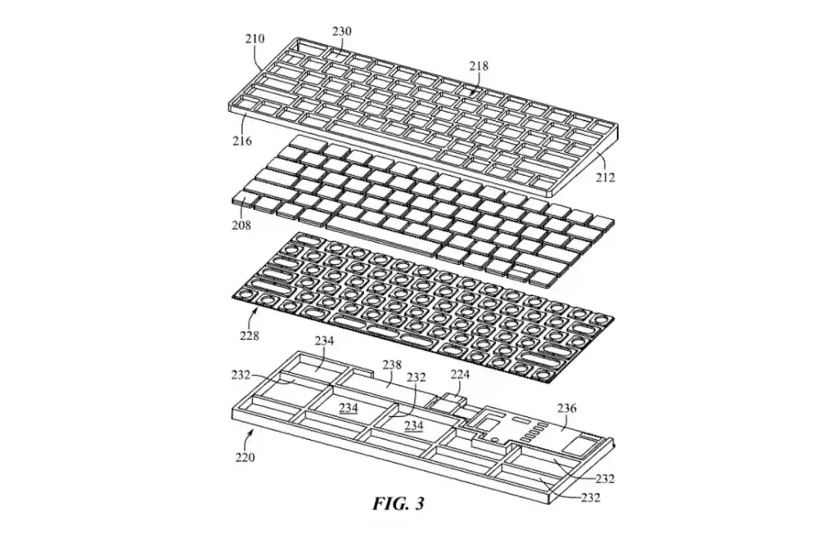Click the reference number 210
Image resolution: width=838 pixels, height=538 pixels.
pyautogui.click(x=255, y=39)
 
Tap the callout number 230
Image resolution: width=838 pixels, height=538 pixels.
pyautogui.click(x=341, y=32)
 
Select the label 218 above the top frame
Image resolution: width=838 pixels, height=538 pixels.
pyautogui.click(x=479, y=66)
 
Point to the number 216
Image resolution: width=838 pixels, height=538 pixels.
pyautogui.click(x=241, y=141)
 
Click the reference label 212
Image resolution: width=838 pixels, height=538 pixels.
pyautogui.click(x=606, y=177)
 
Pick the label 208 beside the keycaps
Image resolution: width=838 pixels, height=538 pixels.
pyautogui.click(x=241, y=225)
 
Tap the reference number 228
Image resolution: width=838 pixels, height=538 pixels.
pyautogui.click(x=249, y=336)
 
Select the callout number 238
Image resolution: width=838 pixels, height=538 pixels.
pyautogui.click(x=392, y=365)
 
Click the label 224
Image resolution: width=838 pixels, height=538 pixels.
pyautogui.click(x=460, y=374)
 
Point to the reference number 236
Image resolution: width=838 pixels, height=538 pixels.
pyautogui.click(x=566, y=408)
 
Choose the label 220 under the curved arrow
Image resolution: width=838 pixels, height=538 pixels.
pyautogui.click(x=245, y=457)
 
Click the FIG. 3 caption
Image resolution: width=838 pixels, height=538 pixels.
pyautogui.click(x=399, y=504)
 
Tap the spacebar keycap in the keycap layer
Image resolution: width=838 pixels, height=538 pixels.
pyautogui.click(x=381, y=235)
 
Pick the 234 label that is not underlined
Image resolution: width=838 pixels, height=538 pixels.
pyautogui.click(x=324, y=340)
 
